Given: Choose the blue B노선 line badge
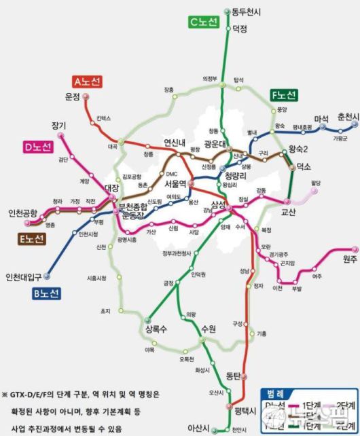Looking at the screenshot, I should click(x=46, y=293).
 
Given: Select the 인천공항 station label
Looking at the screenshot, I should click(x=22, y=213).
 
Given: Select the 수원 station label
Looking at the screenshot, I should click(x=208, y=329).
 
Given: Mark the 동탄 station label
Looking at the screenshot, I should click(x=233, y=375).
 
